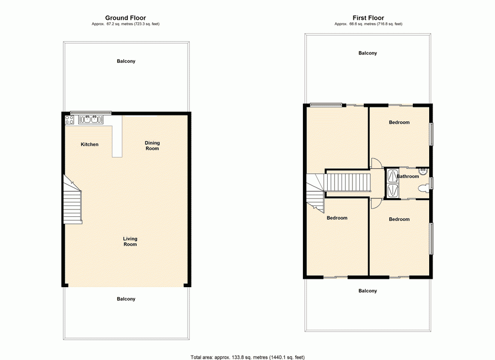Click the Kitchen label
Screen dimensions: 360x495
point(90,145)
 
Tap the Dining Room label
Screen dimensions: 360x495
point(152,146)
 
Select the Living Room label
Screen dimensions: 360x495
point(130,241)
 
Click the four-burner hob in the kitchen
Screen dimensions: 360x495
point(69,119)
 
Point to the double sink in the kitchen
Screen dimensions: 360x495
point(91,119)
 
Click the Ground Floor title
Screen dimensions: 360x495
point(125,18)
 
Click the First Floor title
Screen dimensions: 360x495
point(368,18)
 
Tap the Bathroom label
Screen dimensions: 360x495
point(408,176)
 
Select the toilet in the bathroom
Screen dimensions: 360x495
point(423,189)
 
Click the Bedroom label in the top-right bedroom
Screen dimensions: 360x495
point(399,122)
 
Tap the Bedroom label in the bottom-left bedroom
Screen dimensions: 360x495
point(337,218)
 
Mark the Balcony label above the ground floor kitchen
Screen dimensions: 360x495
point(126,61)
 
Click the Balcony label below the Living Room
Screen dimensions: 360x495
point(126,299)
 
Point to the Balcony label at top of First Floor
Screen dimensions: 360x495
point(367,53)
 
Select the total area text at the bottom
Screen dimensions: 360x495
point(247,357)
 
